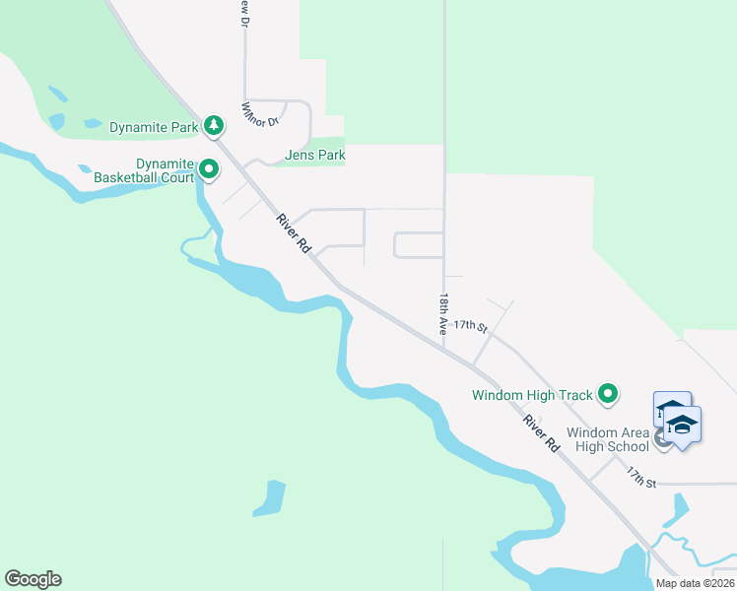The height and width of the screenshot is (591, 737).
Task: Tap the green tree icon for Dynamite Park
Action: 214,125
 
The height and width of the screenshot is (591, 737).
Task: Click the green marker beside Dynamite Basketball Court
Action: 209,170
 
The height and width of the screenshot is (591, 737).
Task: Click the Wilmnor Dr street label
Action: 261,113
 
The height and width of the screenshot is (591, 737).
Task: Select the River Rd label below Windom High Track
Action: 542,433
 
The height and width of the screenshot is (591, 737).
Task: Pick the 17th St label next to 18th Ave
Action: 471,325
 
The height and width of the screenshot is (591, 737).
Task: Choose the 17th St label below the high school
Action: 641,477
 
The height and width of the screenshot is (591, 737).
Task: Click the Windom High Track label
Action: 532,396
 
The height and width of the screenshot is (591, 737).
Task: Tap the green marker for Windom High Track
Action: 608,395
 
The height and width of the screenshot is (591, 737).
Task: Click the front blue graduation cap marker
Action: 682,426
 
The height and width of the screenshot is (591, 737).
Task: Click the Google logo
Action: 33,579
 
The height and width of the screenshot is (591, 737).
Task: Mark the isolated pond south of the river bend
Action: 269,498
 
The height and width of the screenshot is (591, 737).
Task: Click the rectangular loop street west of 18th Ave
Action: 419,245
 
